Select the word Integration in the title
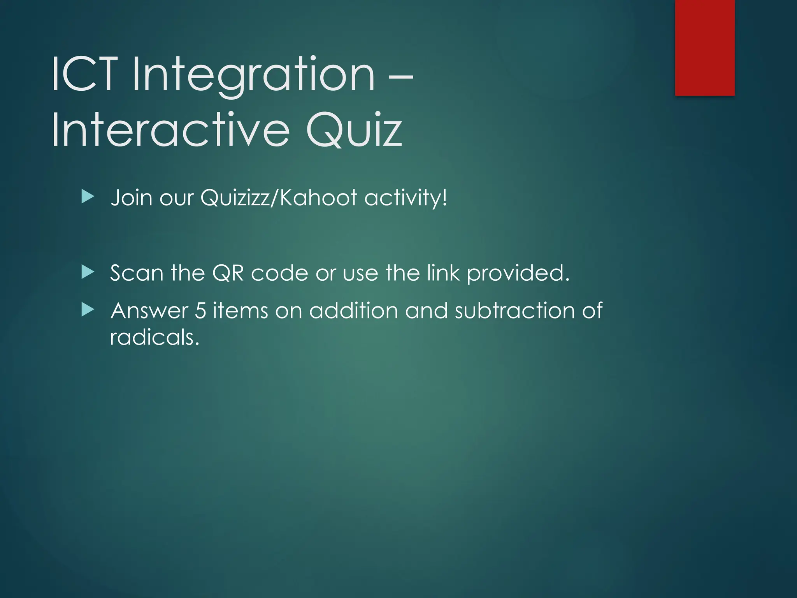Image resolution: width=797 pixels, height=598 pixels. pyautogui.click(x=254, y=76)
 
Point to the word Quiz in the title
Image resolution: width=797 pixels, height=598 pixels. pyautogui.click(x=354, y=130)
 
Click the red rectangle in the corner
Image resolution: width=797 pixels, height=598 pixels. pyautogui.click(x=704, y=47)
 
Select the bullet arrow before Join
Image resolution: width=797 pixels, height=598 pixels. pyautogui.click(x=88, y=197)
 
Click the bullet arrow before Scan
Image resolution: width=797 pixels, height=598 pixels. pyautogui.click(x=88, y=272)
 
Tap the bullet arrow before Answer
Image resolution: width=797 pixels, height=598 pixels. pyautogui.click(x=88, y=310)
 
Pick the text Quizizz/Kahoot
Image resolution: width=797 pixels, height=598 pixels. pyautogui.click(x=279, y=197)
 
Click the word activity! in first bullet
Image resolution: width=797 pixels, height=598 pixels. pyautogui.click(x=406, y=198)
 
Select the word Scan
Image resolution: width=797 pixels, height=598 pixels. pyautogui.click(x=137, y=273)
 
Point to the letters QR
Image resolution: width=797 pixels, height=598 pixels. pyautogui.click(x=228, y=273)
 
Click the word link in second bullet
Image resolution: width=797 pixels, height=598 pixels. pyautogui.click(x=443, y=273)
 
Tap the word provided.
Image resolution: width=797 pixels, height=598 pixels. pyautogui.click(x=518, y=274)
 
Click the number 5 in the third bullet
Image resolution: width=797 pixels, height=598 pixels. pyautogui.click(x=200, y=311)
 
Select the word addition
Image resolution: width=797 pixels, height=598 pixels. pyautogui.click(x=354, y=311)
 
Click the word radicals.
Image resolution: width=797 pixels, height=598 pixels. pyautogui.click(x=154, y=337)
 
